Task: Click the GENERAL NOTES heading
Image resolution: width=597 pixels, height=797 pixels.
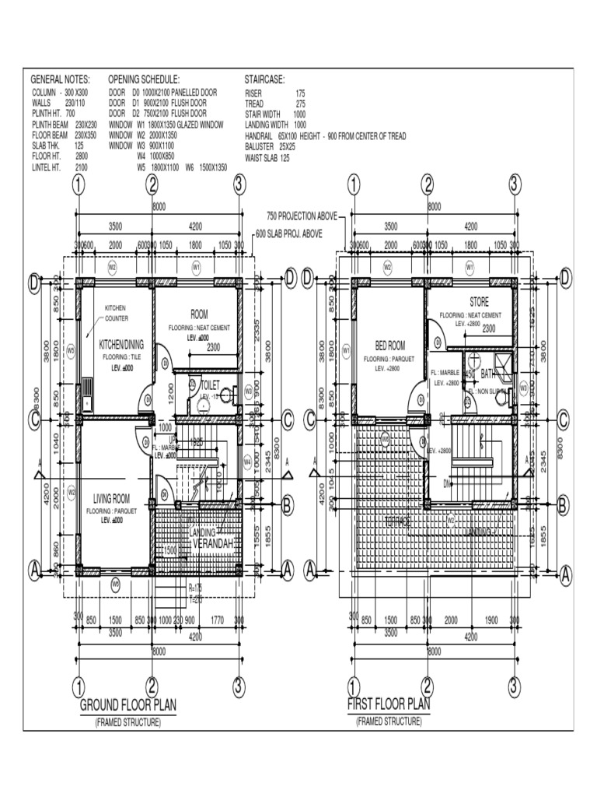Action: pos(60,79)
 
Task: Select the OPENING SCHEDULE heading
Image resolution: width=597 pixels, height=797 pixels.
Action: pos(144,79)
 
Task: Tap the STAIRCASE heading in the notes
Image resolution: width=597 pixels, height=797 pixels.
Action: pos(264,79)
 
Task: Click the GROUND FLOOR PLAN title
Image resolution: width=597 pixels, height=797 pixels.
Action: pos(129,706)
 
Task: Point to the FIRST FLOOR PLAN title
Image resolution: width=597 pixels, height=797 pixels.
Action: pos(389,706)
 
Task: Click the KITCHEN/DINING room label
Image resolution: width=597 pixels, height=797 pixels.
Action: pos(120,344)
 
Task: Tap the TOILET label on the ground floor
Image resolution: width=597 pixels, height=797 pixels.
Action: pos(211,385)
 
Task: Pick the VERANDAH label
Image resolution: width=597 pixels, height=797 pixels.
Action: pos(214,542)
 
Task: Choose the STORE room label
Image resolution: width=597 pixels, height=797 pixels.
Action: pos(479,302)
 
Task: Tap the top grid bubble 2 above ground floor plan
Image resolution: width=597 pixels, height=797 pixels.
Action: pos(152,185)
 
